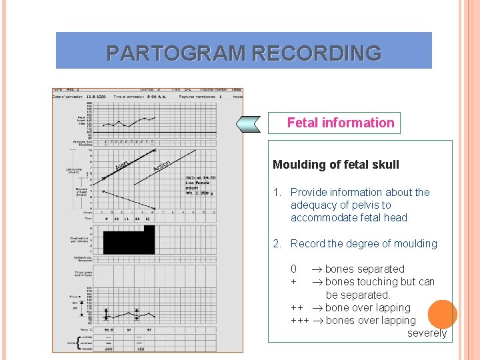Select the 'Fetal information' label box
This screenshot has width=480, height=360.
(x=341, y=123)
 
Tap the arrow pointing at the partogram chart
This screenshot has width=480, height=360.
(x=250, y=123)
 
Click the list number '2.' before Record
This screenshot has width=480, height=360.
(x=278, y=244)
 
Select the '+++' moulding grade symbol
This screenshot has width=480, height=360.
(x=299, y=321)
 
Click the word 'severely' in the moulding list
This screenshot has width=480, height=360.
(x=427, y=333)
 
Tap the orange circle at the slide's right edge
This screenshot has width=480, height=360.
(x=443, y=313)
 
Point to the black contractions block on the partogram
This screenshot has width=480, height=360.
(x=128, y=240)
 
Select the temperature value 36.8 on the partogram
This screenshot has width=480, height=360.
(x=107, y=329)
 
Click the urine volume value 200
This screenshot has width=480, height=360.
(x=107, y=348)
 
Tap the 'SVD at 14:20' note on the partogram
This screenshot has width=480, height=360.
(x=198, y=177)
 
